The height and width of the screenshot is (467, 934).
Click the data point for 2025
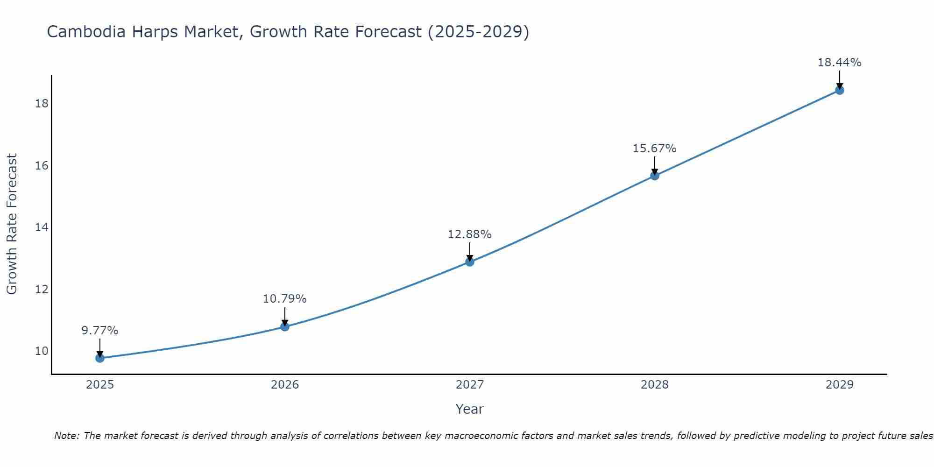pyautogui.click(x=100, y=358)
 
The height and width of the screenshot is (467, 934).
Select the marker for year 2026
pyautogui.click(x=285, y=326)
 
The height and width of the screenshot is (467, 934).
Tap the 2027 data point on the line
pyautogui.click(x=470, y=262)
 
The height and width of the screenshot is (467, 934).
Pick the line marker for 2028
pyautogui.click(x=655, y=176)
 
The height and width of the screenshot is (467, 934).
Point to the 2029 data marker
pyautogui.click(x=840, y=90)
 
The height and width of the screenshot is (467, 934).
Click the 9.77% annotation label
pyautogui.click(x=100, y=331)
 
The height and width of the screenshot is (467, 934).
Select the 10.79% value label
pyautogui.click(x=285, y=299)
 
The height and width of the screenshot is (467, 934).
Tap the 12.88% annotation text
pyautogui.click(x=470, y=234)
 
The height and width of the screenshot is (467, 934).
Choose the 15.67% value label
pyautogui.click(x=655, y=149)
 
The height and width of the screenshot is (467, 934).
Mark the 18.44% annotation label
pyautogui.click(x=840, y=63)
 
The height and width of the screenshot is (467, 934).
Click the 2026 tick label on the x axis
pyautogui.click(x=285, y=385)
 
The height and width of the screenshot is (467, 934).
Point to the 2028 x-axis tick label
pyautogui.click(x=655, y=385)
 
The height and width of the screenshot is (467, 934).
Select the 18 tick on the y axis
pyautogui.click(x=42, y=103)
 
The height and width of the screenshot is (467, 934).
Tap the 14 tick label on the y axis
pyautogui.click(x=42, y=227)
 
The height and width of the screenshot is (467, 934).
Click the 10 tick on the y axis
pyautogui.click(x=42, y=351)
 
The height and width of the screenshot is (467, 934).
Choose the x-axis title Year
pyautogui.click(x=470, y=409)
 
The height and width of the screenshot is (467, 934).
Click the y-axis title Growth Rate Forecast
pyautogui.click(x=12, y=224)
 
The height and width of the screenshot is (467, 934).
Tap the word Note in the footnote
pyautogui.click(x=67, y=436)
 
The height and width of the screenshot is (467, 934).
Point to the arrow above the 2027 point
pyautogui.click(x=470, y=251)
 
